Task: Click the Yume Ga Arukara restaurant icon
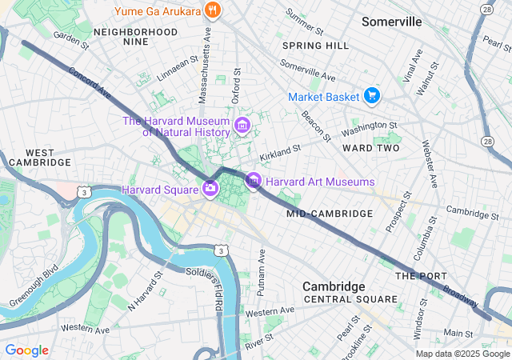(x=212, y=10)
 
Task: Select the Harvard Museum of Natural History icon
(x=242, y=126)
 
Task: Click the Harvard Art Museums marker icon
(x=254, y=182)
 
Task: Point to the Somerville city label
(x=391, y=22)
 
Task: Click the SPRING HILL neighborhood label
(x=315, y=46)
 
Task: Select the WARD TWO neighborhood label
(x=370, y=148)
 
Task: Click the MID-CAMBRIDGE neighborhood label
(x=330, y=214)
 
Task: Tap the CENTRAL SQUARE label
(x=350, y=299)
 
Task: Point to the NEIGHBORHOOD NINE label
(x=135, y=37)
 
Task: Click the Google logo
(x=27, y=350)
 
